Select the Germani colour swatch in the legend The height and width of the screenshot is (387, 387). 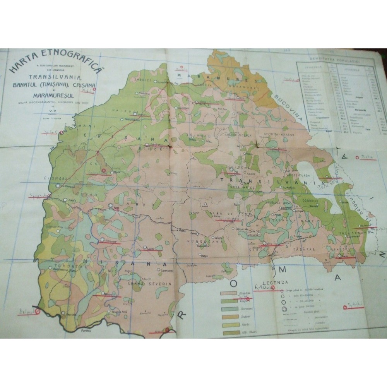pos(228,308)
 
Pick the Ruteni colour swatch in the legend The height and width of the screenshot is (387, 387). pos(228,317)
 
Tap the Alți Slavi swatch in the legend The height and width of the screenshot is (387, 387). pos(228,333)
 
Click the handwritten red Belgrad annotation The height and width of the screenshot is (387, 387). pos(27,311)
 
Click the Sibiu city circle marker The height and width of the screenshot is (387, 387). pos(264,243)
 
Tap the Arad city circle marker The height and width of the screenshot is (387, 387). pos(111,206)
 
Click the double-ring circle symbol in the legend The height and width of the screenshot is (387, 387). pos(285,309)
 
